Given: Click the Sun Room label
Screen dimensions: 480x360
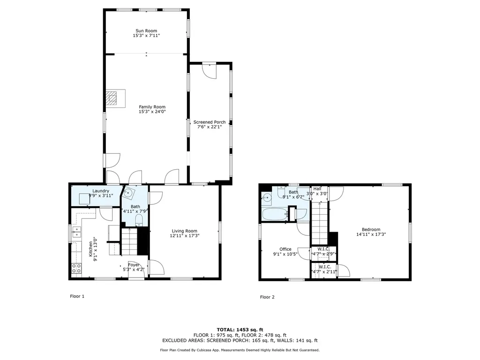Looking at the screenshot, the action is [146, 30].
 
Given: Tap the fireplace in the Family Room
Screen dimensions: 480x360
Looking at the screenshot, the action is [115, 98].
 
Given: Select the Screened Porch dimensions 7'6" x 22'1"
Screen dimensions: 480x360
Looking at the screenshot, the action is [210, 127].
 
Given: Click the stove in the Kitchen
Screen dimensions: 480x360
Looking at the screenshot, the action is [76, 269].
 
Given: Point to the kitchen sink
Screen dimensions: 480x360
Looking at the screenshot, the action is [76, 232].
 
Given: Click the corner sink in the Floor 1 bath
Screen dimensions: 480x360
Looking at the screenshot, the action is [128, 193].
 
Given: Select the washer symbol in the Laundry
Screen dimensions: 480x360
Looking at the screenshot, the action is [84, 199].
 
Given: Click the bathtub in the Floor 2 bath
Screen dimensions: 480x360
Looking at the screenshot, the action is [275, 214].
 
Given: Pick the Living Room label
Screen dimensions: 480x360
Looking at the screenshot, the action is [184, 231].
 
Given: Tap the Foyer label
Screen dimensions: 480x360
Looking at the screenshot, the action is [134, 265].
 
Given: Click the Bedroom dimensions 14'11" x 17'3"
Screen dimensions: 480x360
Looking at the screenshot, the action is [371, 234].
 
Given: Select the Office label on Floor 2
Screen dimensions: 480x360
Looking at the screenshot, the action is [285, 249].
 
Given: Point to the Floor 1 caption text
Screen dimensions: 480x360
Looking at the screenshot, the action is [77, 296].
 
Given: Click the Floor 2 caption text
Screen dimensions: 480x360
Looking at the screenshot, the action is [267, 297].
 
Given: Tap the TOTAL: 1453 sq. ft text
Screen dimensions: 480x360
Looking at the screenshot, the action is [240, 330].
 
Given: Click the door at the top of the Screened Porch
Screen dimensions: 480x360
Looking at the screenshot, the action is [210, 71].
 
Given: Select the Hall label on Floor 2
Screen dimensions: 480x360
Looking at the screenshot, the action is [317, 189].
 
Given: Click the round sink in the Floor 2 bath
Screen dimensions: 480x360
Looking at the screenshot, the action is [267, 198].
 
